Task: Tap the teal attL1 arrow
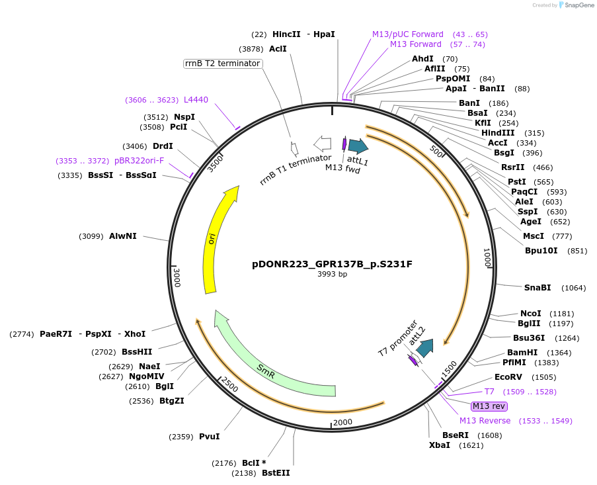358,146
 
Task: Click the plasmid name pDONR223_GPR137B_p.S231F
332,264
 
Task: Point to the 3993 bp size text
332,274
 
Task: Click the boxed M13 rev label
489,406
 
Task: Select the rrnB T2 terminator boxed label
223,64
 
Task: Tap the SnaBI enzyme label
537,288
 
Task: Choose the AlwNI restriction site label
123,236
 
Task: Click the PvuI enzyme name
209,437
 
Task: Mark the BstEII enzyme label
276,473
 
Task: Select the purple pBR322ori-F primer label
139,161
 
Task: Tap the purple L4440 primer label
196,100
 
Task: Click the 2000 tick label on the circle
342,423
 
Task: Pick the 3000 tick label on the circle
177,277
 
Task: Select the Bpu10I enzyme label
541,251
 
